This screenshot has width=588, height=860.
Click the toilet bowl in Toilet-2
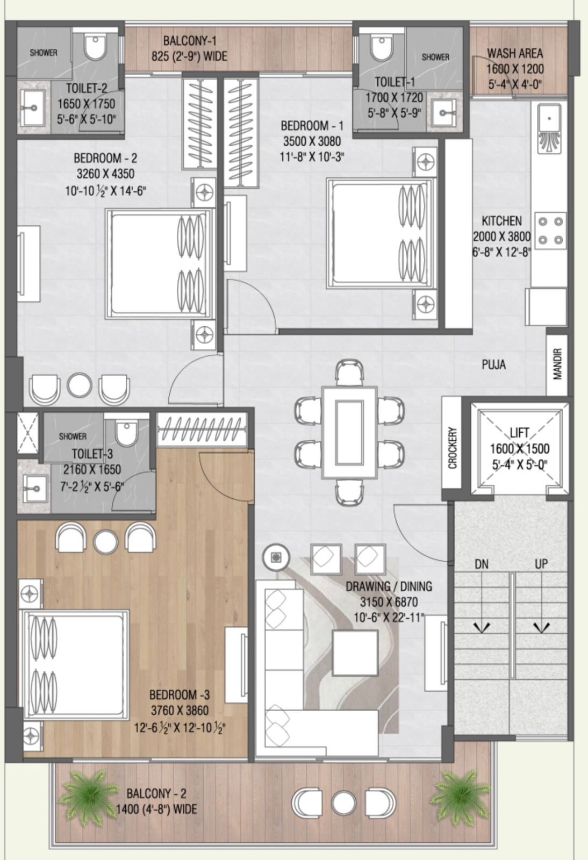(x=95, y=47)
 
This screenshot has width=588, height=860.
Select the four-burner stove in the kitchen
(x=551, y=231)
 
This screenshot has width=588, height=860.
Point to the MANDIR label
(x=557, y=363)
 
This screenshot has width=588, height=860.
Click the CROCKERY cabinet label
(x=453, y=448)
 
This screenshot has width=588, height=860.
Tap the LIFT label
(x=520, y=433)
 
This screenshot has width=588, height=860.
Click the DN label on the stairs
(x=481, y=564)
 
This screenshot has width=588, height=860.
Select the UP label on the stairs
(x=541, y=564)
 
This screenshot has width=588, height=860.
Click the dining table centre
(x=349, y=432)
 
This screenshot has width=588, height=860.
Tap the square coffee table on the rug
(x=355, y=653)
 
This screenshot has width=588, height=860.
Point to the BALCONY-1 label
(x=190, y=41)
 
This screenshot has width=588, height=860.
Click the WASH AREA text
(x=515, y=53)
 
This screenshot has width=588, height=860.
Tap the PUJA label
(x=493, y=364)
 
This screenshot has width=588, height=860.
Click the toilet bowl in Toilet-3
(x=125, y=433)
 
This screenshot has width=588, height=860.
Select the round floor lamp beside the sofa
(x=276, y=557)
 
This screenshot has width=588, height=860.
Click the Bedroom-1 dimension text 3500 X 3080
(x=312, y=141)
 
